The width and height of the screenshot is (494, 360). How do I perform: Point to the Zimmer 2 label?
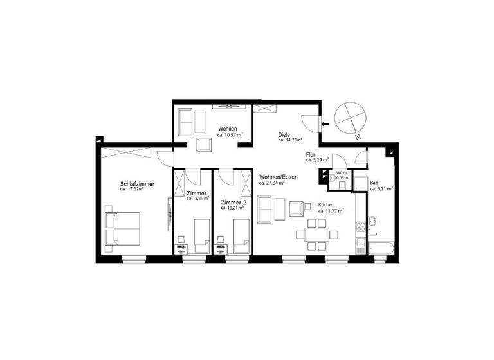(x=232, y=202)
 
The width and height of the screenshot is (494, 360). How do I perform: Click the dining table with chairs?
(x=317, y=233)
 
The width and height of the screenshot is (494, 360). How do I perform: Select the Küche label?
(x=326, y=205)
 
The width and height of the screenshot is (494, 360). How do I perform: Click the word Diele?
(x=284, y=135)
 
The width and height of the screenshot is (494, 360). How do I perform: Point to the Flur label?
(x=311, y=154)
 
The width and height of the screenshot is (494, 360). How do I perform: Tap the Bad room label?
(x=374, y=183)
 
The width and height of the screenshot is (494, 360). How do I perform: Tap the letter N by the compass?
(x=357, y=136)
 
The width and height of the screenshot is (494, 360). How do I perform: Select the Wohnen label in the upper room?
(x=228, y=129)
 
